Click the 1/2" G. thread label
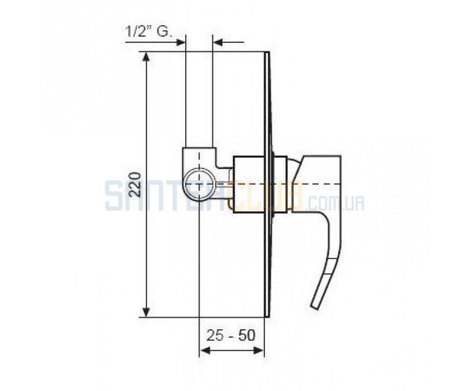click(x=149, y=31)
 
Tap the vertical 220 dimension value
click(x=135, y=185)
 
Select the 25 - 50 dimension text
click(x=231, y=335)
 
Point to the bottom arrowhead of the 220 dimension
click(x=146, y=312)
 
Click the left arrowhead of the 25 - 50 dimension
click(x=204, y=350)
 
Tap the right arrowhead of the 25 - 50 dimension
click(x=260, y=350)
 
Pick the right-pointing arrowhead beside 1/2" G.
click(x=181, y=42)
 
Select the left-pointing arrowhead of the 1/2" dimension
click(x=217, y=42)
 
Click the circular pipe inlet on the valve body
click(x=199, y=184)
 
